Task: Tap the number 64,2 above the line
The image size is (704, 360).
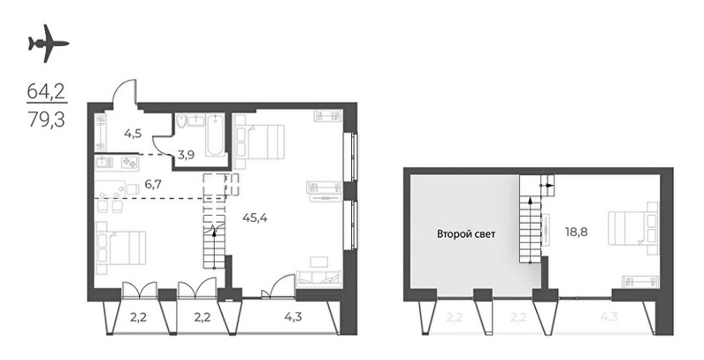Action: coord(47,92)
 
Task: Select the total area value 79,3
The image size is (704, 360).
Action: coord(47,120)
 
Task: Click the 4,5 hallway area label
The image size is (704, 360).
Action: coord(134,133)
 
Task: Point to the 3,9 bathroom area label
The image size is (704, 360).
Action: coord(186,156)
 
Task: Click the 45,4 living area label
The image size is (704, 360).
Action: coord(255,218)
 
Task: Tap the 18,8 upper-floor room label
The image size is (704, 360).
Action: coord(577,232)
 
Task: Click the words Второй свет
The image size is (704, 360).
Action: coord(466,234)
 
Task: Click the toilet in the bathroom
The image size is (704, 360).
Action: coord(181,121)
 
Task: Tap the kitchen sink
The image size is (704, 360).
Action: coord(103,162)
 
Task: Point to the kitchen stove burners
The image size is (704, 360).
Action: coord(129,162)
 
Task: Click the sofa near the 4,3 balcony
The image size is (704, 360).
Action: coord(317,277)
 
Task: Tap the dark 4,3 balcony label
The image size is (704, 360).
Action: coord(293,318)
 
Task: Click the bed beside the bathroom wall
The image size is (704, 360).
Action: coord(260,142)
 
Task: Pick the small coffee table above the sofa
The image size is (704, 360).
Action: coord(319,261)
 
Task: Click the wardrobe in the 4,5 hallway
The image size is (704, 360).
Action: coord(101,132)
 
